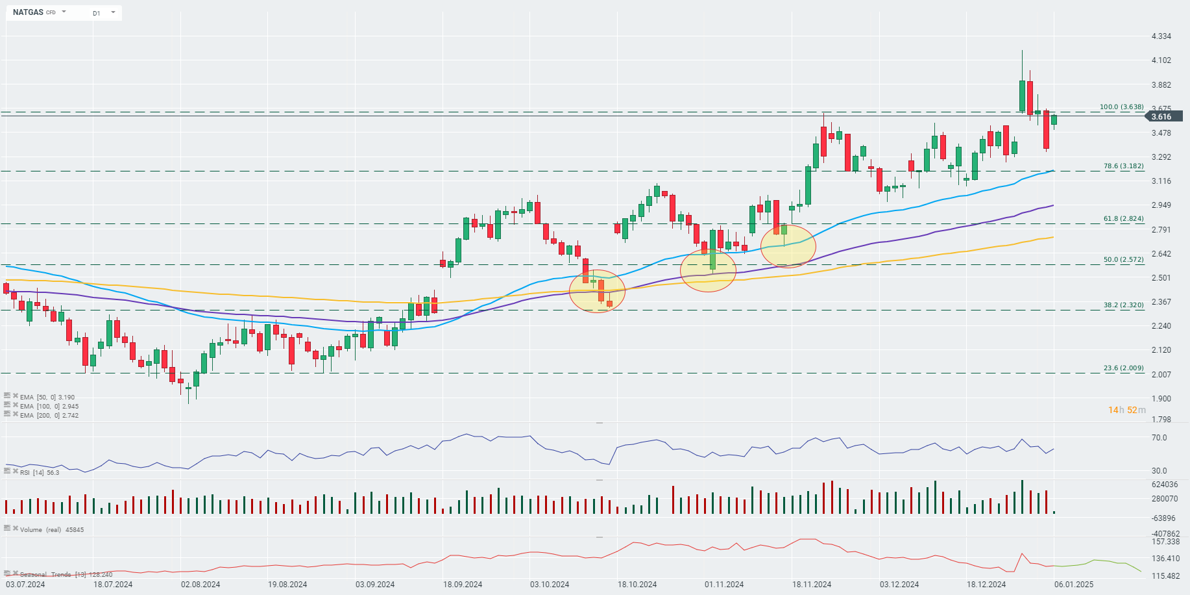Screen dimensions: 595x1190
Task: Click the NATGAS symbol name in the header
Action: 28,12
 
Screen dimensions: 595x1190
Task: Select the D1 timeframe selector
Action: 97,13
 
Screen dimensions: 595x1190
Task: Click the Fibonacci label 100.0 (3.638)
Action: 1121,107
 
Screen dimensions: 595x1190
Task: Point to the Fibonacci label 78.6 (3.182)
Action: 1123,166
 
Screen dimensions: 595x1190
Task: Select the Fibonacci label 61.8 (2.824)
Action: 1123,219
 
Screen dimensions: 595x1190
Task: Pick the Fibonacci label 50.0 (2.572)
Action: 1123,260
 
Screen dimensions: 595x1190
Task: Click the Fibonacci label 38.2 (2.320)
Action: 1123,305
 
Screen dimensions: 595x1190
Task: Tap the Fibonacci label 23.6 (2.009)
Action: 1123,368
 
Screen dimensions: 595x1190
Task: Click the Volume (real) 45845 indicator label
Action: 51,529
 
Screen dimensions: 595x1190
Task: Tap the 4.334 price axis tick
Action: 1161,36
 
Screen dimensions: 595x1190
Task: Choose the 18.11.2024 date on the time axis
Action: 811,585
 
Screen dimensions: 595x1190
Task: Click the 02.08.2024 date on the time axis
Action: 200,585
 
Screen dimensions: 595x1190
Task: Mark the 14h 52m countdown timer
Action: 1126,410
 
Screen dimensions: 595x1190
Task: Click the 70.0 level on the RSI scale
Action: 1159,438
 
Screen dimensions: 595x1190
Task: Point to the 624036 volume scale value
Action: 1164,485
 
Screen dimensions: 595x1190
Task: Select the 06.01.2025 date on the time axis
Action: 1073,585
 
